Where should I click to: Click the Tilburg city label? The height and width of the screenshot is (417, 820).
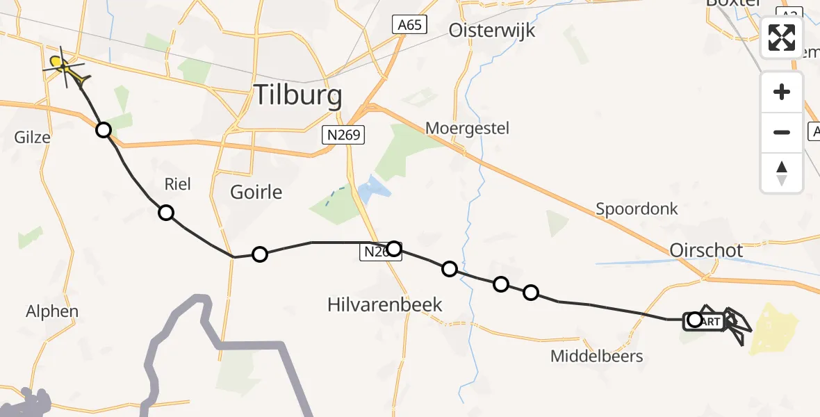[x=298, y=95]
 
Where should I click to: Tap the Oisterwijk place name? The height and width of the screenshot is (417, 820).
[x=492, y=30]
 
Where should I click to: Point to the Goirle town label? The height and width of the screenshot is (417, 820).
[x=256, y=192]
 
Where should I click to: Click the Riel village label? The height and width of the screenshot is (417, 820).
[x=177, y=184]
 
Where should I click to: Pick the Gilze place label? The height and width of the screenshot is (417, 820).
[x=32, y=137]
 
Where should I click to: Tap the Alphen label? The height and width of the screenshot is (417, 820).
[x=52, y=311]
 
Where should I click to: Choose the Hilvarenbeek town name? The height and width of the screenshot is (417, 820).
[x=384, y=304]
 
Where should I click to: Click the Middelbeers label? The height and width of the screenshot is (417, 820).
[x=596, y=357]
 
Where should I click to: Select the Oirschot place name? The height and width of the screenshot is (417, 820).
[x=706, y=250]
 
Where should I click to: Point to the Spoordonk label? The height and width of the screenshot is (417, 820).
[x=637, y=208]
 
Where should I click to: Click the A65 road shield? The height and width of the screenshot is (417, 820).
[x=408, y=25]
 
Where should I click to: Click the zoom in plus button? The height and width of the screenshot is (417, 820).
[x=782, y=92]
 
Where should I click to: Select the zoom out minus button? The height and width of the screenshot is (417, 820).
[x=782, y=132]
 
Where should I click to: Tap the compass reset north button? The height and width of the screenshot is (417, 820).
[x=782, y=172]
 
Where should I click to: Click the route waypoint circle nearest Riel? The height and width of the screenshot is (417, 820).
[x=165, y=213]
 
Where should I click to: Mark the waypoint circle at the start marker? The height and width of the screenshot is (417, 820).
[x=694, y=320]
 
